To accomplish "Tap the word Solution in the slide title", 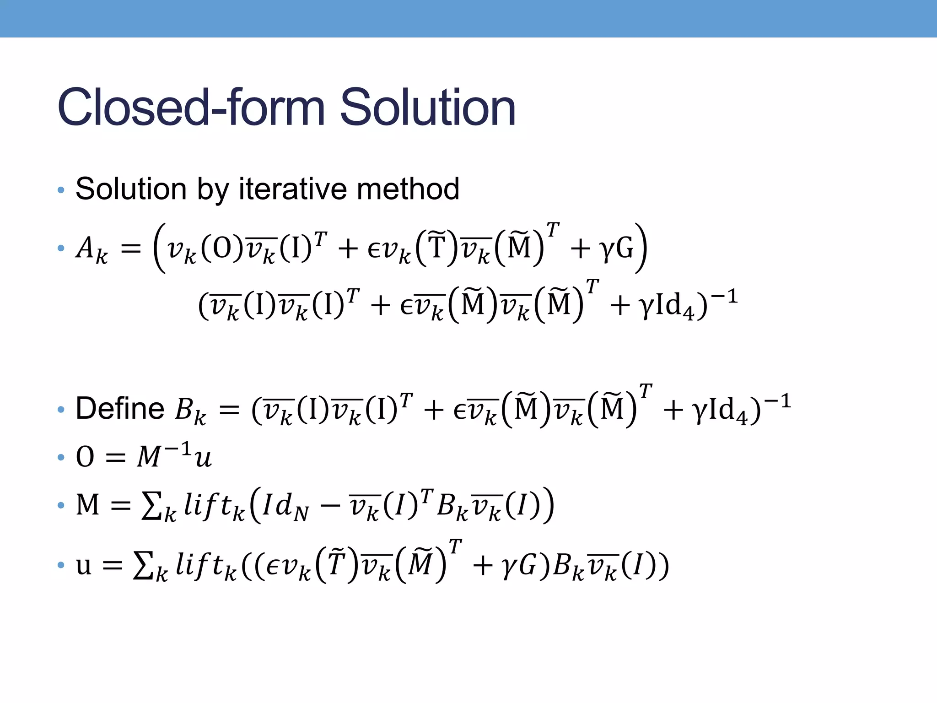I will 428,108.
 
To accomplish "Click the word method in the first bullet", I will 408,189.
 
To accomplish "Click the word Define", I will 120,408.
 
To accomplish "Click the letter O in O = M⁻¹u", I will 85,457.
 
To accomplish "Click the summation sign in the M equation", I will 152,507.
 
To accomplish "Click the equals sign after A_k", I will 131,249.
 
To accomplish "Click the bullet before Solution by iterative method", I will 61,189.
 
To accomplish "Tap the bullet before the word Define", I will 61,410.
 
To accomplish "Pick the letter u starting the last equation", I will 84,567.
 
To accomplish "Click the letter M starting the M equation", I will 87,506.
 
